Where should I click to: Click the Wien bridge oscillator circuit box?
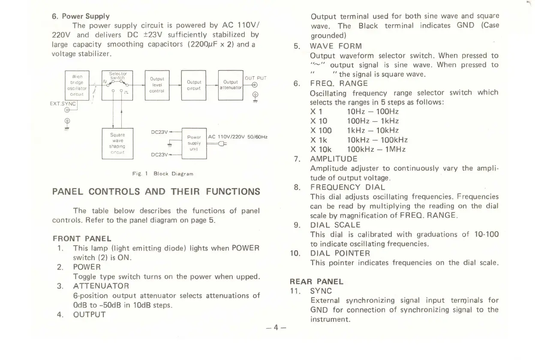(77, 85)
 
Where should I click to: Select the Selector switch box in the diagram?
(117, 85)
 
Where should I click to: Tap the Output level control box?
(157, 85)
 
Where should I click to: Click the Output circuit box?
(194, 85)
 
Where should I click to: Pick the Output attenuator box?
(231, 85)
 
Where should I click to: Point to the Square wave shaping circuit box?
(117, 144)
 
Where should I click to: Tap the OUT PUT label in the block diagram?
(255, 78)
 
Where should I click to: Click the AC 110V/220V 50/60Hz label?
(238, 137)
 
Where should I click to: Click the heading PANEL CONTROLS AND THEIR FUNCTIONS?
(156, 191)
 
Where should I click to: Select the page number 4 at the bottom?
(276, 327)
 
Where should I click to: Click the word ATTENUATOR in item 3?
(101, 286)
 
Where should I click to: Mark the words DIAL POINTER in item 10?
(340, 253)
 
